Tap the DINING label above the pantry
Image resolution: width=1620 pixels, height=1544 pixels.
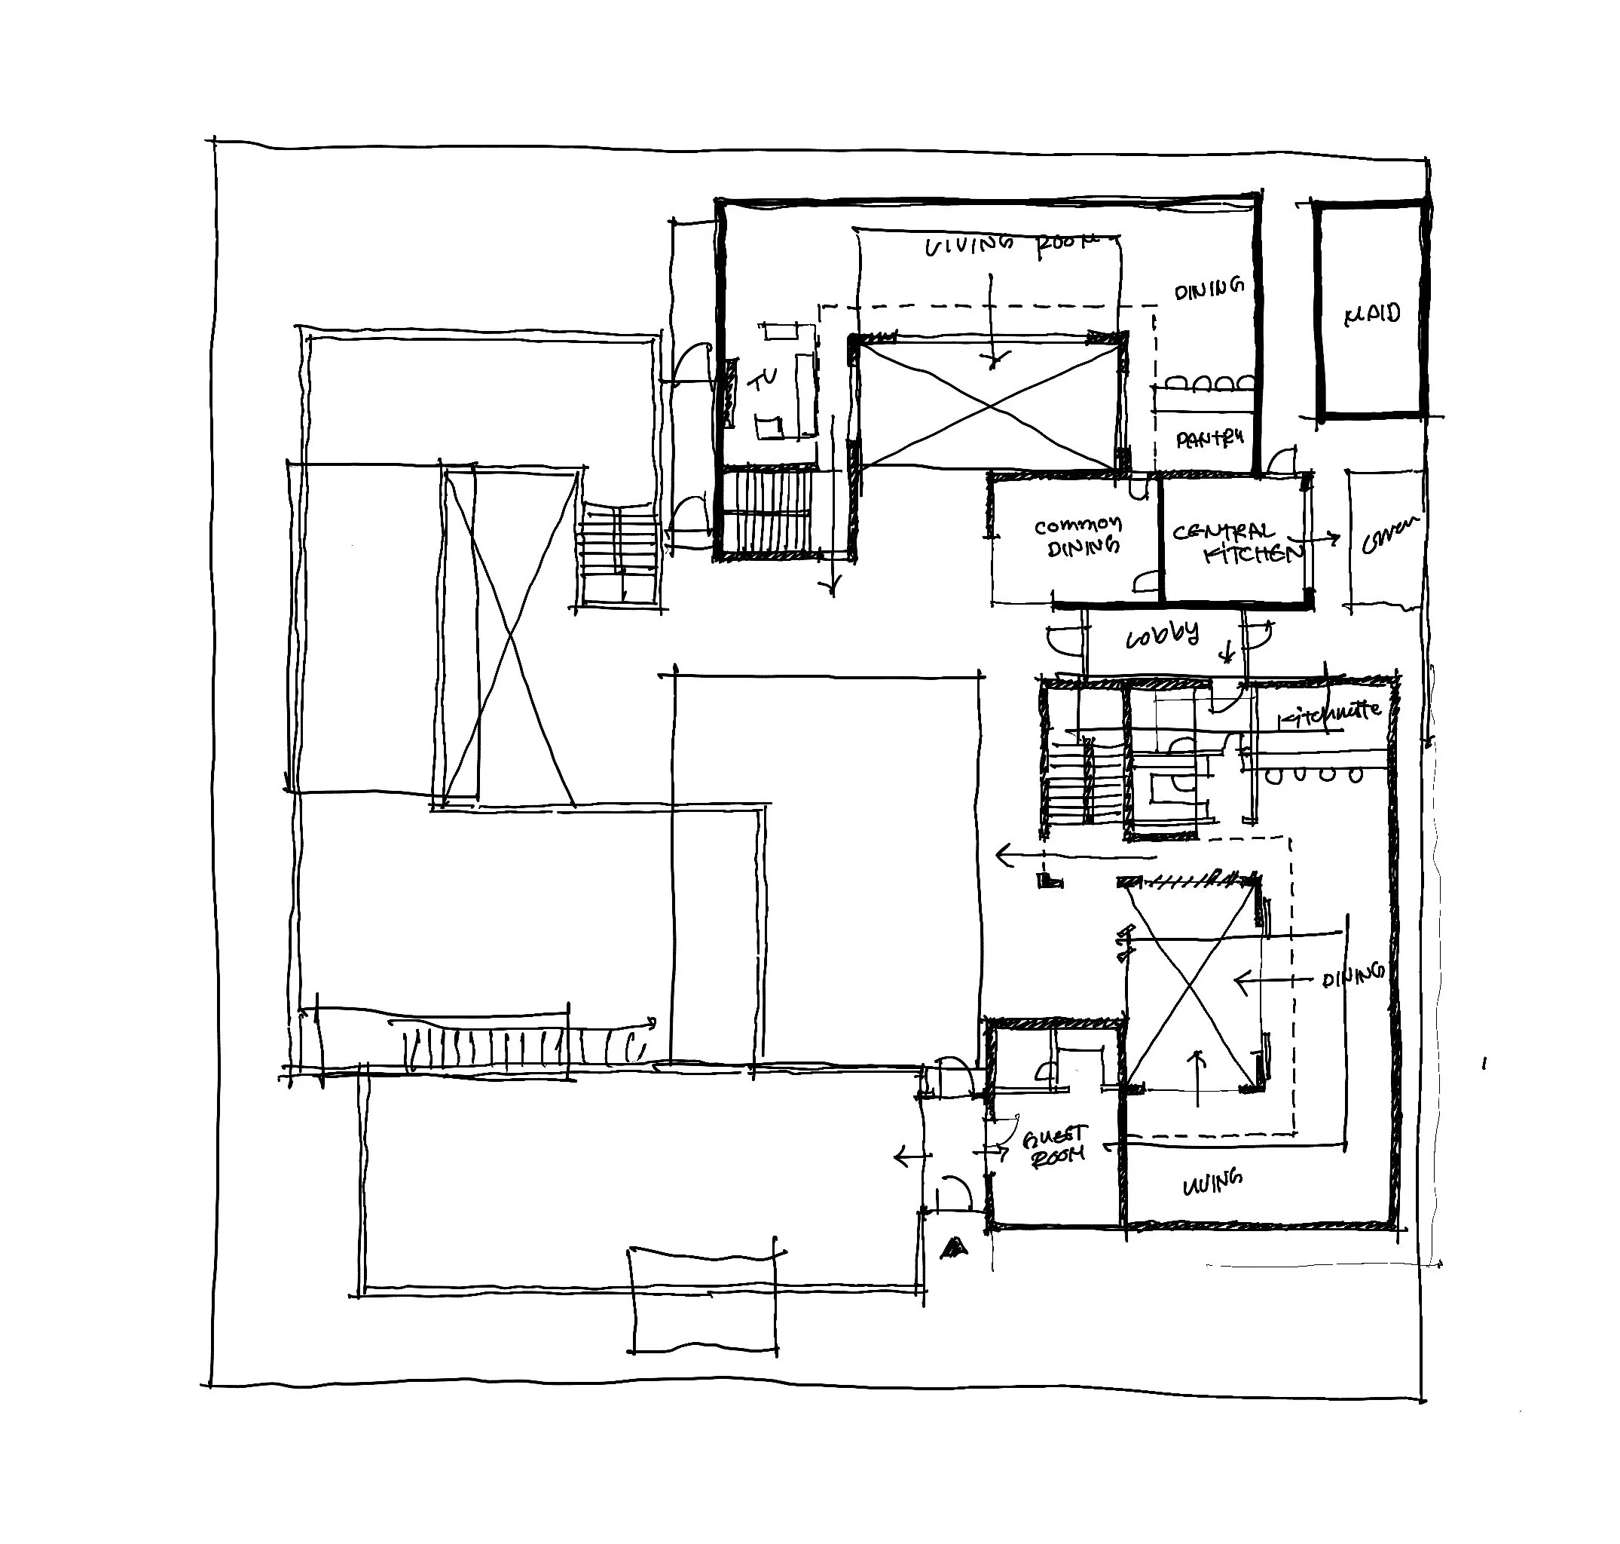coord(1208,289)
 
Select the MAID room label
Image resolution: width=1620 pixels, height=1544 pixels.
coord(1371,314)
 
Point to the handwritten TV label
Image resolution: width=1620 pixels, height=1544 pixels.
coord(763,379)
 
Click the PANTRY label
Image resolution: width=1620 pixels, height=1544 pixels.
coord(1209,439)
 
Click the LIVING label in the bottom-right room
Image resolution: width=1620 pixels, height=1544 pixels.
coord(1212,1183)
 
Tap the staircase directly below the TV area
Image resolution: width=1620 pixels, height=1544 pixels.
coord(767,511)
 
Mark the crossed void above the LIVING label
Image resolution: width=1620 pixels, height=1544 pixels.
coord(1192,988)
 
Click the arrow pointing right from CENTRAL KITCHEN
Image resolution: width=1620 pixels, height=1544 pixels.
coord(1322,539)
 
